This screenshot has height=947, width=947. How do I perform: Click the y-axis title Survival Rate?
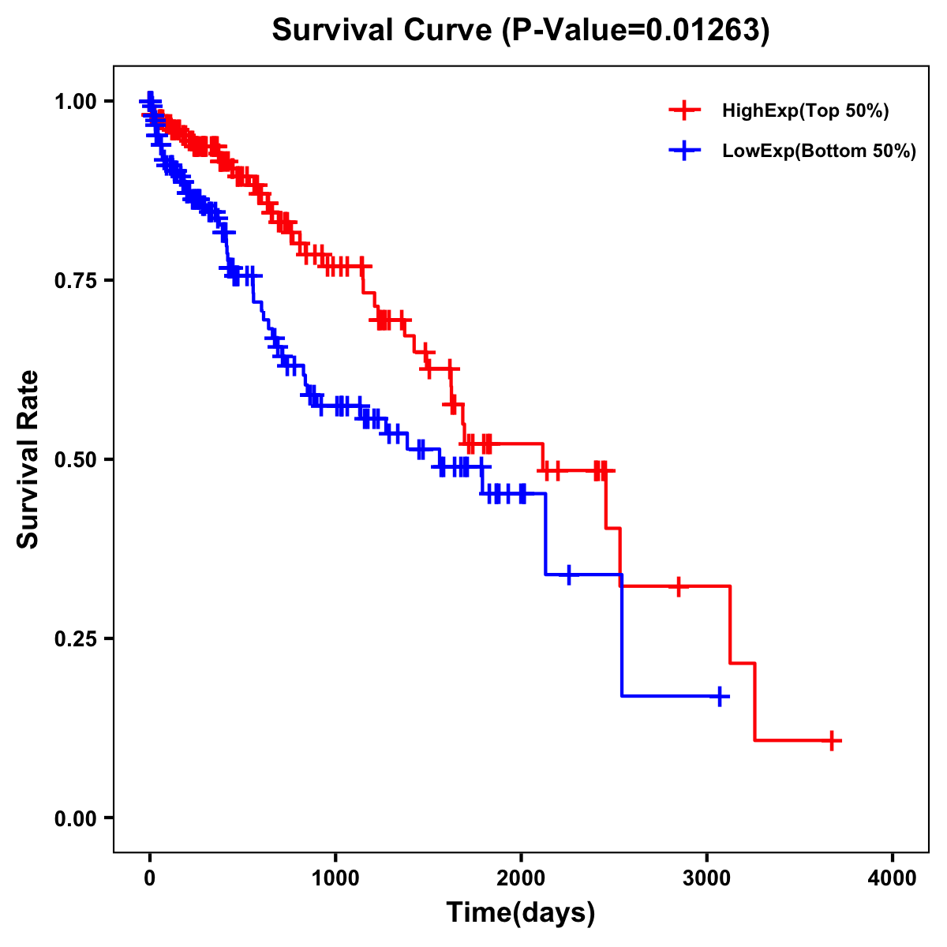click(28, 459)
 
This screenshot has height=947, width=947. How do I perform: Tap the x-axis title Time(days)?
click(520, 913)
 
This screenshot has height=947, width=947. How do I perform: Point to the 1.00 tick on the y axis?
click(77, 102)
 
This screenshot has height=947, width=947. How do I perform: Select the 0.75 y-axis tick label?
click(77, 280)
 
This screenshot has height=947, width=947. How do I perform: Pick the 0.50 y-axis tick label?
click(77, 459)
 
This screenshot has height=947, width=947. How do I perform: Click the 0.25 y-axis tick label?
click(77, 638)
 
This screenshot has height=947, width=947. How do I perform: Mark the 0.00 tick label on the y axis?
click(77, 818)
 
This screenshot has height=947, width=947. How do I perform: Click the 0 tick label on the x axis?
click(150, 878)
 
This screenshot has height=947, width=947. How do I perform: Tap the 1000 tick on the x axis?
click(335, 878)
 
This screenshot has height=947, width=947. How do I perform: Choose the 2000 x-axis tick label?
click(521, 878)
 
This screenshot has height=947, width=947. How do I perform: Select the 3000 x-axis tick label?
click(707, 878)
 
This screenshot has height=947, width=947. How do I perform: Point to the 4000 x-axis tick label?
click(893, 878)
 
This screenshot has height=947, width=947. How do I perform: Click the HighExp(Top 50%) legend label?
click(805, 111)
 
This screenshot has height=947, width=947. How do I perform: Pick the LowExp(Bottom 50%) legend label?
click(818, 152)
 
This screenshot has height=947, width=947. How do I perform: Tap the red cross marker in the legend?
click(684, 111)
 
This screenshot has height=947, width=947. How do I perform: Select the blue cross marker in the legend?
click(684, 151)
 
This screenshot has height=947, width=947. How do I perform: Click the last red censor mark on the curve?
click(832, 740)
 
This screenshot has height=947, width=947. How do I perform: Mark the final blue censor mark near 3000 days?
click(720, 696)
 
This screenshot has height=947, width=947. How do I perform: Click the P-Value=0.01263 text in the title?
click(636, 31)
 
